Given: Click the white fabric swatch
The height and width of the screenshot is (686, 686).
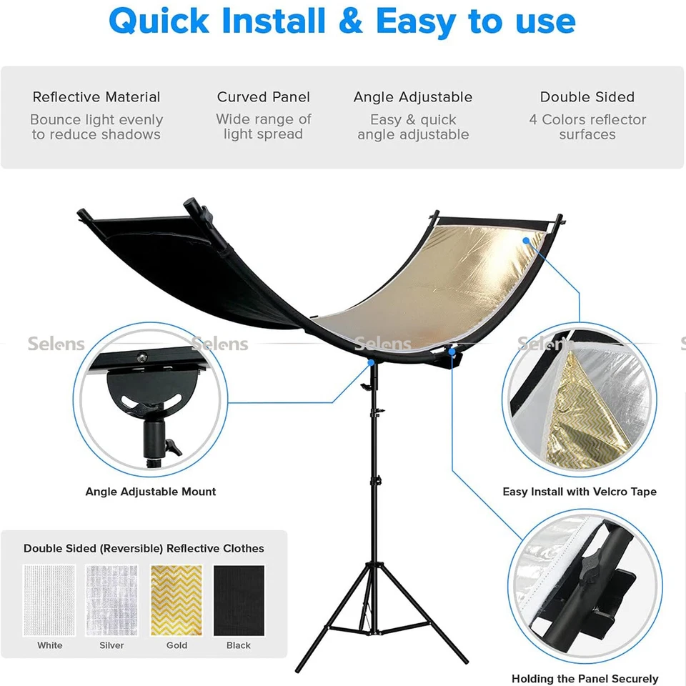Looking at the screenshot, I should (x=49, y=600).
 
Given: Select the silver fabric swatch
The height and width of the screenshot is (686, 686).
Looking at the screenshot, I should (x=111, y=600).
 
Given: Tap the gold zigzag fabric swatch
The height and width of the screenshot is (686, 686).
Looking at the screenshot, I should (x=177, y=600).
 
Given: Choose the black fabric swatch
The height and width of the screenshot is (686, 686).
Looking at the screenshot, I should (x=239, y=600).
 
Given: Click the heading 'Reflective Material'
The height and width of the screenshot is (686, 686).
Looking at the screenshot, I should (x=96, y=97).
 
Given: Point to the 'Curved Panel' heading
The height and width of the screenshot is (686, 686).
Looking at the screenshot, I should (x=263, y=97).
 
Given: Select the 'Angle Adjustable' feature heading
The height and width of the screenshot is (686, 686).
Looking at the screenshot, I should (x=413, y=97).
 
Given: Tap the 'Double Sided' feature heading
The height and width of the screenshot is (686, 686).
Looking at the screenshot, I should (x=587, y=97).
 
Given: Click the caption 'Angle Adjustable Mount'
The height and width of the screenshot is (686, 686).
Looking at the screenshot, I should (x=151, y=492).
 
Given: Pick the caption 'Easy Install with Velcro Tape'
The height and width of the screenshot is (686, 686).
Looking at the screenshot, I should (x=580, y=492).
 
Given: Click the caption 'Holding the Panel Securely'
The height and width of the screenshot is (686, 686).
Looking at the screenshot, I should (x=585, y=678).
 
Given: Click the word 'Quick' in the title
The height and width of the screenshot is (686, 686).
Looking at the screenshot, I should (x=159, y=21).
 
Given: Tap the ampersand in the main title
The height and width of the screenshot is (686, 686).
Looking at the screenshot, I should (x=350, y=21).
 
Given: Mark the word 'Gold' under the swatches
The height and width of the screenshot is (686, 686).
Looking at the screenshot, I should (x=177, y=645).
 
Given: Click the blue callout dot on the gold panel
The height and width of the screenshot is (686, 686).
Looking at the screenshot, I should (x=526, y=241).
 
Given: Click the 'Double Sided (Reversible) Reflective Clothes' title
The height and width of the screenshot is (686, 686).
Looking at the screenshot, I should (x=144, y=548).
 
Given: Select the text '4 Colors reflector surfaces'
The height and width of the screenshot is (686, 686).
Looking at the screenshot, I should (x=587, y=127).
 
